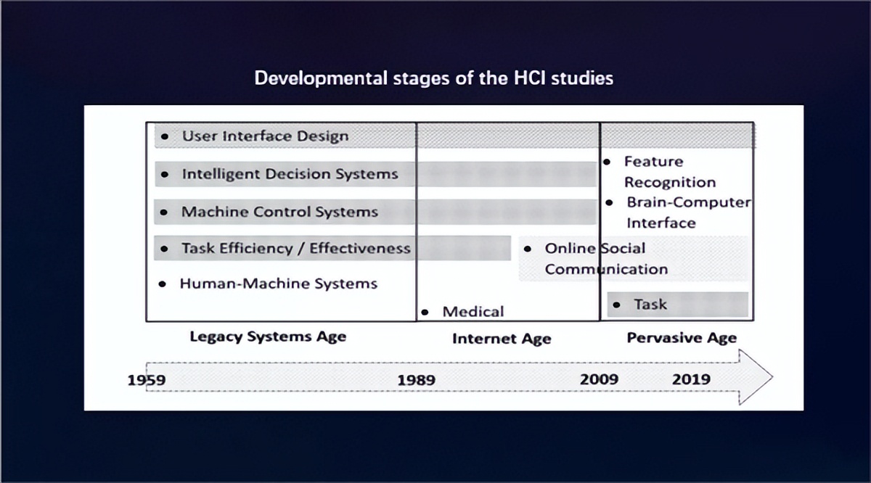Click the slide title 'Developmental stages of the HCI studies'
pos(434,78)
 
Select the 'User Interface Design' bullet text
pos(265,136)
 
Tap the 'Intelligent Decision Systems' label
pos(290,174)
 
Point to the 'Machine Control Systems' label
pos(279,212)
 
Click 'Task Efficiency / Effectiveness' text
pos(296,248)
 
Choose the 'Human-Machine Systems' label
pos(279,284)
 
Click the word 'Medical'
pos(473,312)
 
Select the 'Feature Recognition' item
pos(670,172)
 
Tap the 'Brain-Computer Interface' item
pos(689,212)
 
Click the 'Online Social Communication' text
pos(606,259)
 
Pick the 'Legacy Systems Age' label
pos(268,337)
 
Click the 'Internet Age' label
pos(502,339)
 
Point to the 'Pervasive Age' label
pos(682,338)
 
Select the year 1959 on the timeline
pos(147,379)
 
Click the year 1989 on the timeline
pos(416,379)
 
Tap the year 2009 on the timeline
pos(599,379)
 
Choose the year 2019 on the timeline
pos(691,379)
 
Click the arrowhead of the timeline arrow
pos(754,377)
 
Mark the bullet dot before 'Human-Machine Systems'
pos(163,284)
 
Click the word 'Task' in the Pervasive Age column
pos(650,305)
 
